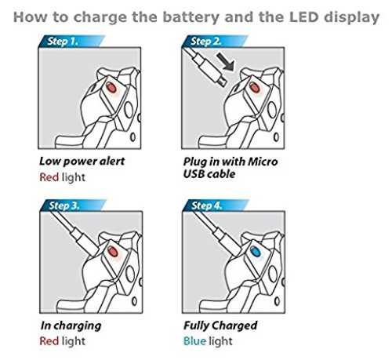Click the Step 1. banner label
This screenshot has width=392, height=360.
coord(63,42)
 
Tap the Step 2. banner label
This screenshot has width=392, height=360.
coord(205,42)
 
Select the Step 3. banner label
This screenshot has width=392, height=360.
coord(64,205)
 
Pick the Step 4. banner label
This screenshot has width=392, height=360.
coord(207,205)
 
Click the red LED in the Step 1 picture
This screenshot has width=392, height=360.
coord(111,87)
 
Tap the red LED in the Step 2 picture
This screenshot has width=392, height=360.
coord(254,87)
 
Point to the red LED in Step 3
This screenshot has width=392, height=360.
coord(113,251)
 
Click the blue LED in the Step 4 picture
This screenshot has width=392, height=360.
coord(256,251)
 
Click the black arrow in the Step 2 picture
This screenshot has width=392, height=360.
coord(225,61)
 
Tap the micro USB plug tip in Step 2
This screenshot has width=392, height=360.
coord(223,82)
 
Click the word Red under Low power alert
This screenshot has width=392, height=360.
coord(49,177)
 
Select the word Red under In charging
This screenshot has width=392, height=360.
coord(49,341)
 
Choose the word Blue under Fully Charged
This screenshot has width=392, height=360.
coord(194,341)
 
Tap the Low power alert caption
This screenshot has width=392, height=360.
coord(82,162)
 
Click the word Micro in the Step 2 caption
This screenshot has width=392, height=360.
coord(263,162)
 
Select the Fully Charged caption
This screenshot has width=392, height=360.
coord(220,325)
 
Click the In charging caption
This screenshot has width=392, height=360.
coord(71,326)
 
